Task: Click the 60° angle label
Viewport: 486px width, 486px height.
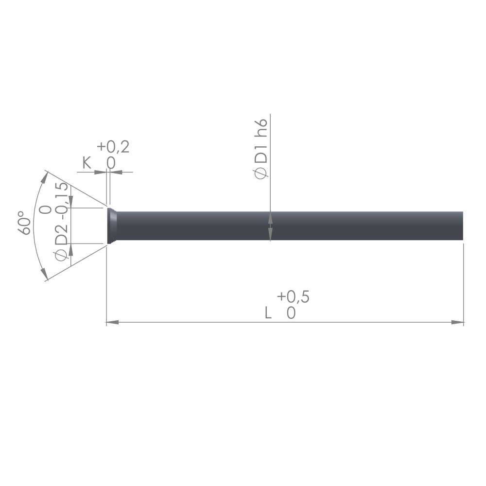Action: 24,223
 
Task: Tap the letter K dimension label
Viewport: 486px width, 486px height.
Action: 87,163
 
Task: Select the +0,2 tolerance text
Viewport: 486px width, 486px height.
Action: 113,147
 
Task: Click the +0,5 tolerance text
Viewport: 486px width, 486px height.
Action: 293,296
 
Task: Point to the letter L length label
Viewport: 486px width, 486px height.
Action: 268,312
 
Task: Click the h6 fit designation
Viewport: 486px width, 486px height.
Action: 260,128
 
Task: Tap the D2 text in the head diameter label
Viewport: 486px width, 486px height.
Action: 61,236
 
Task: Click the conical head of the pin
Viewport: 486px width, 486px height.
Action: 112,226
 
